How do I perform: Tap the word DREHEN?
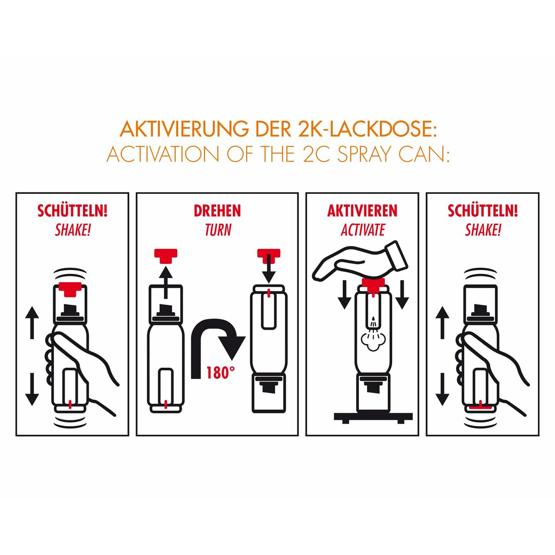point(217,211)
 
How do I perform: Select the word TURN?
point(217,230)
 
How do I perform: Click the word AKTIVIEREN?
point(362,211)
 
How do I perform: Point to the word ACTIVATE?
point(363,230)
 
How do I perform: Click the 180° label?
point(218,373)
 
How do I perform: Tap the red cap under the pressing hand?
point(373,284)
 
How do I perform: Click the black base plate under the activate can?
point(373,416)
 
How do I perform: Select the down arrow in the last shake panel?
point(443,388)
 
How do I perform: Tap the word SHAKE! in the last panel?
point(483,230)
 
